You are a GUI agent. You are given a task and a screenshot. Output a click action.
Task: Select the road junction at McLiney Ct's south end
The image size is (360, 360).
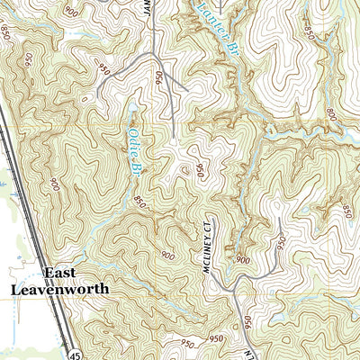point(232,290)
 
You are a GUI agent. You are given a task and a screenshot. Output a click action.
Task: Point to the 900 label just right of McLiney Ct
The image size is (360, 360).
point(241,259)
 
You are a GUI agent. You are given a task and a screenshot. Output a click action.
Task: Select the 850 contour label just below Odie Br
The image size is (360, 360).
point(140,203)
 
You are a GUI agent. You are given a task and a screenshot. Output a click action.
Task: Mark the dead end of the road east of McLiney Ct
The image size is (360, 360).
point(280,219)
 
